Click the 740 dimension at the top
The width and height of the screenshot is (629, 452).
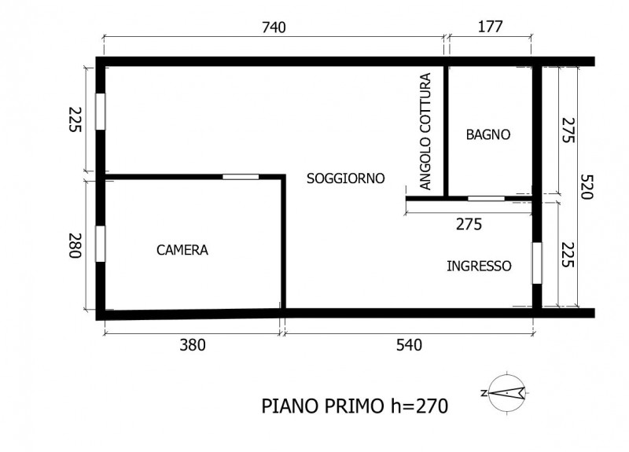coord(274,28)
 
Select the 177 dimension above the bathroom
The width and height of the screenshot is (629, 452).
coord(490,27)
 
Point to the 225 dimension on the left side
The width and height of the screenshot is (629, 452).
coord(75,119)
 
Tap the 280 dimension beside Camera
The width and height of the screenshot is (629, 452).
coord(75,246)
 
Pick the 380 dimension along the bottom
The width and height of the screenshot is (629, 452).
coord(193,345)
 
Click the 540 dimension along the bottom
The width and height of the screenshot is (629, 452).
coord(409,345)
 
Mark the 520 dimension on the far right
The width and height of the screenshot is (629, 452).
coord(586,187)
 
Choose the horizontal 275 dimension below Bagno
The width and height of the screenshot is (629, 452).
coord(469,224)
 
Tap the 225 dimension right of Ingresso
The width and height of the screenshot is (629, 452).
coord(568,255)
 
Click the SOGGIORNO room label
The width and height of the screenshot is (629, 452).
coord(346,178)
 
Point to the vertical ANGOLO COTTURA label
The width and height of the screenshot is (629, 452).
coord(425,131)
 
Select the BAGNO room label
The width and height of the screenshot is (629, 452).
coord(488,134)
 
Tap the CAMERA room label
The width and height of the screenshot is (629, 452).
coord(182,250)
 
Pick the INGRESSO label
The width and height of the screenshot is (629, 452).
coord(479,266)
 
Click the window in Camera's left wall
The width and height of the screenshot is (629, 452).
coord(101,244)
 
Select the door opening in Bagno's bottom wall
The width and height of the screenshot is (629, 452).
coord(486,198)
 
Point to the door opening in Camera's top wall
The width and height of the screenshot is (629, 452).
coord(241,176)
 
